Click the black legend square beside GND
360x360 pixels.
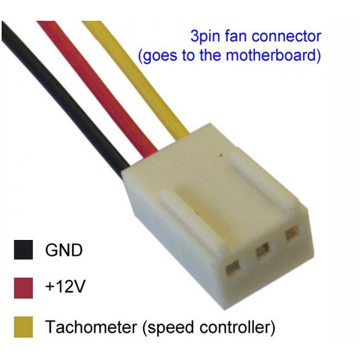(x=23, y=250)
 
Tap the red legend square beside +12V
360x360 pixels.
(x=23, y=288)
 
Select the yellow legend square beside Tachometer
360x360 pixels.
(x=23, y=327)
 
